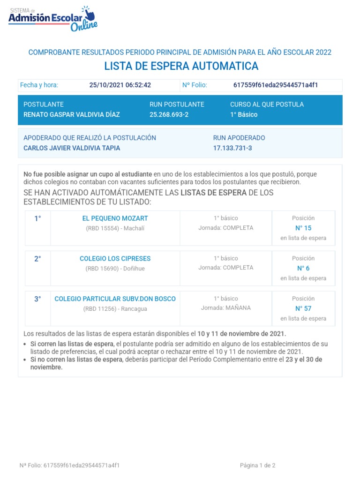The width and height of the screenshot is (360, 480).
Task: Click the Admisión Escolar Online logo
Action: coord(53,19)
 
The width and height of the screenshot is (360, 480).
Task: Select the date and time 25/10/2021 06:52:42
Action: coord(120,85)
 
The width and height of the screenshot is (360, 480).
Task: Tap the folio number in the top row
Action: coord(276,85)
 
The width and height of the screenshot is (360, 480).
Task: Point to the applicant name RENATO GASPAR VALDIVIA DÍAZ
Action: coord(72,115)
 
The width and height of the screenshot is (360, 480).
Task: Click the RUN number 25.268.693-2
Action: coord(169,115)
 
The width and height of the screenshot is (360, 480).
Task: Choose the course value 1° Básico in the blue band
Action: coord(244,115)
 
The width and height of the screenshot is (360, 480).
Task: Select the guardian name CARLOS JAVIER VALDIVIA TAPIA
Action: coord(72,148)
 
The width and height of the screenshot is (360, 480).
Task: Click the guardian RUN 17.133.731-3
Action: coord(232,148)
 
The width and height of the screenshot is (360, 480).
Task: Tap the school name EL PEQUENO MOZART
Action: coord(115,218)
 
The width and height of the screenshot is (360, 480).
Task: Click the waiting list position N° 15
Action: coord(303,228)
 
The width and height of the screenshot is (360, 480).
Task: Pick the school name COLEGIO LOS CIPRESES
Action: coord(115,259)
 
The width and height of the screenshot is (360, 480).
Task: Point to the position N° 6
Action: coord(303,269)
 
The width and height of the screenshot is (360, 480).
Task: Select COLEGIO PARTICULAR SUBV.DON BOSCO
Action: coord(115,299)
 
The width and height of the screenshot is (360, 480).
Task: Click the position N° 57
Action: coord(303,309)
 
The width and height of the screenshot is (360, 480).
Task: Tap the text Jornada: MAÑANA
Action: coord(226,308)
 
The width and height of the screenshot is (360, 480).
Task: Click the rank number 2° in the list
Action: coord(37,259)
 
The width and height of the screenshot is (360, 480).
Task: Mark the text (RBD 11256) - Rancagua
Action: coord(115,308)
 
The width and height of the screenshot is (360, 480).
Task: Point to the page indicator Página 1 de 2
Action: coord(257,466)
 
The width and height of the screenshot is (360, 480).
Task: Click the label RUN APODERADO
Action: coord(239,138)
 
